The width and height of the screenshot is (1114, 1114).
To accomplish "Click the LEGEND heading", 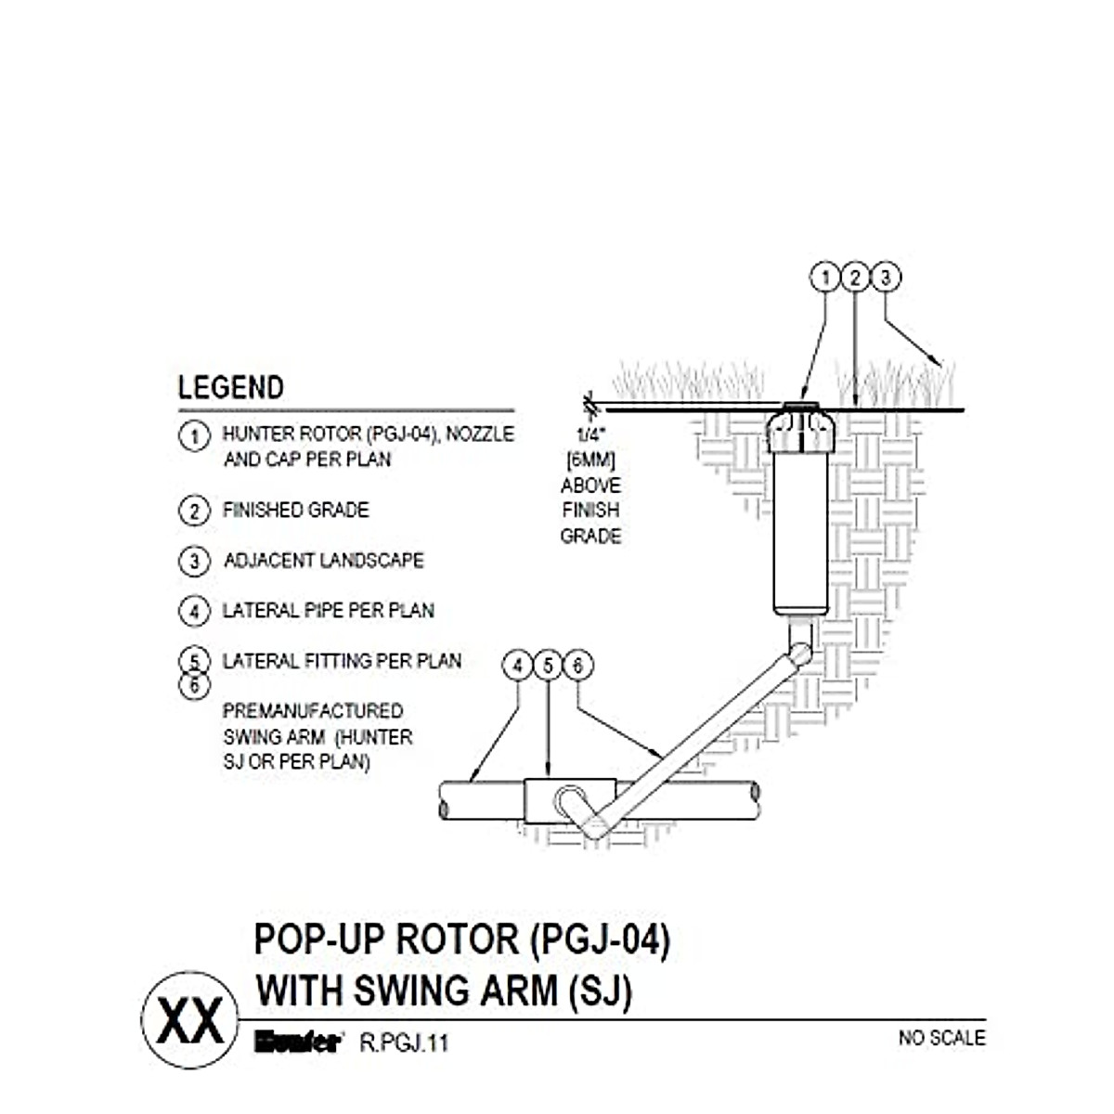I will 230,387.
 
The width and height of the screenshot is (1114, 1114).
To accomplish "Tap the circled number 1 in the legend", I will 193,435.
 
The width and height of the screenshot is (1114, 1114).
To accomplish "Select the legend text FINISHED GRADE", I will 295,510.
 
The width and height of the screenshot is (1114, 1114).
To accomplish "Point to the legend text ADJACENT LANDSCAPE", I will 323,561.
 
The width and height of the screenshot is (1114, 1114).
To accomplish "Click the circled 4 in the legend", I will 193,611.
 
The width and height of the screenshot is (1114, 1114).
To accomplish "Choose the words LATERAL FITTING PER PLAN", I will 342,661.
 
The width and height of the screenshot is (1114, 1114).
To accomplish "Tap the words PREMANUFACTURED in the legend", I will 313,711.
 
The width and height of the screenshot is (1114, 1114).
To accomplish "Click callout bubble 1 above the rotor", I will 824,278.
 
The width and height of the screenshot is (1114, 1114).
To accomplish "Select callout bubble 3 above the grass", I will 886,278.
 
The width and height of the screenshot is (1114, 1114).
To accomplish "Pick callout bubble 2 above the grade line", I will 855,278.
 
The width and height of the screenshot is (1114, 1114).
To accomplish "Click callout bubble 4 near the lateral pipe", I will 517,666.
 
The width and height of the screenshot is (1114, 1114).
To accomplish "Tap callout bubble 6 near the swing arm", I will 578,666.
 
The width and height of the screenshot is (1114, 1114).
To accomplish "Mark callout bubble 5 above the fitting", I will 548,666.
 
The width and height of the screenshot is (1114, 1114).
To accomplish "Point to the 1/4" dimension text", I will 589,434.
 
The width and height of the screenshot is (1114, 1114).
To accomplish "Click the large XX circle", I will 188,1019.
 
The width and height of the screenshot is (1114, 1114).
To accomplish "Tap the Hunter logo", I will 298,1042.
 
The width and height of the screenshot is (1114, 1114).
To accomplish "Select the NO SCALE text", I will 941,1038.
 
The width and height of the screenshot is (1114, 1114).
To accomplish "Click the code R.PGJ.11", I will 404,1043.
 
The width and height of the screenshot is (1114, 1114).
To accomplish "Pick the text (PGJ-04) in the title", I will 599,939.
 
